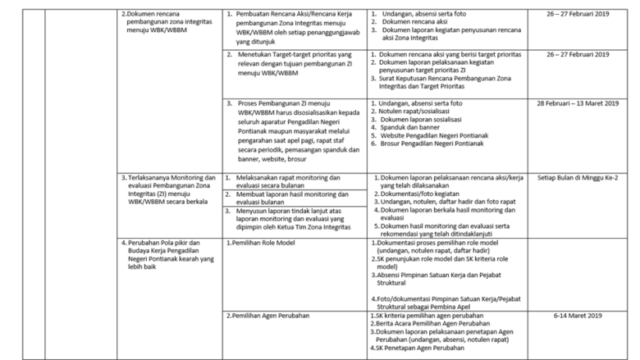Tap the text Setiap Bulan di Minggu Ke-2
[578, 176]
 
